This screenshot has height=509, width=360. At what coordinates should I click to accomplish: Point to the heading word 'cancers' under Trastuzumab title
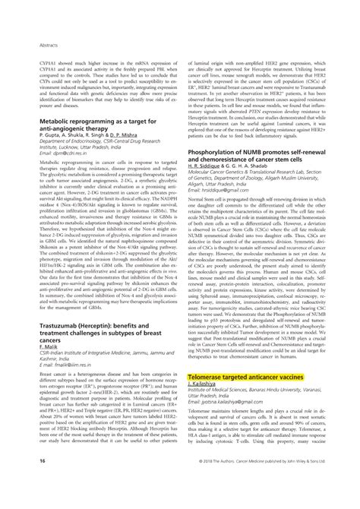[42, 335]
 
